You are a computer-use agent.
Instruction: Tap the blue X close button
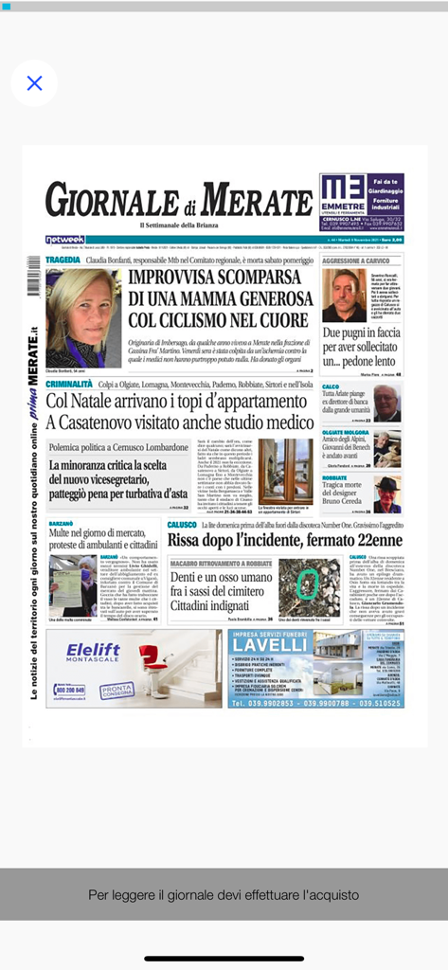tap(34, 83)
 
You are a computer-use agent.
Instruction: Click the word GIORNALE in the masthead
tap(113, 200)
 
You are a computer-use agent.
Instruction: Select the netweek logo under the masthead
tap(64, 240)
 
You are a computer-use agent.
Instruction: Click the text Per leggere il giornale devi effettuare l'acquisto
tap(224, 893)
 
